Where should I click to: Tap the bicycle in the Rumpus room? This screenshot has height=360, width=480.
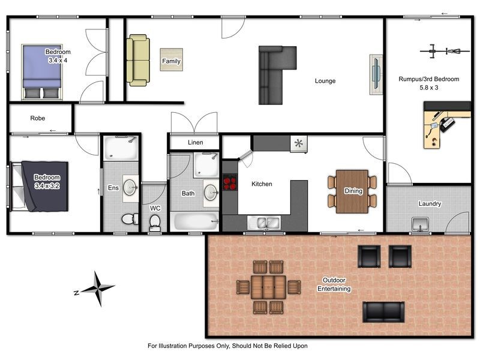click(445, 51)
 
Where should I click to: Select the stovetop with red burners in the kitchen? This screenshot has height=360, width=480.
click(230, 182)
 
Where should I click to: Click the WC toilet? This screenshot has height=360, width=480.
click(154, 223)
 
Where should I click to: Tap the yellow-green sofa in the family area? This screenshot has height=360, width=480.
click(137, 59)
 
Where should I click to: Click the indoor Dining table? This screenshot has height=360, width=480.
click(352, 191)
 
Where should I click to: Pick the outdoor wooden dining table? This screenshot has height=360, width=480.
click(268, 287)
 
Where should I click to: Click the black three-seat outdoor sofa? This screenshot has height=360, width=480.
click(383, 311)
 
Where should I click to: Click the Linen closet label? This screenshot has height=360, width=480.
click(195, 143)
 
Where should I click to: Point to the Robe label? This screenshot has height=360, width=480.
click(37, 118)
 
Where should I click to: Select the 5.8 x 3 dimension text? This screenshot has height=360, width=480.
click(428, 88)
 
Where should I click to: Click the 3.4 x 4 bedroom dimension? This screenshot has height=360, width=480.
click(58, 60)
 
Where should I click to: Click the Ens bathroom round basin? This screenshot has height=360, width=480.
click(130, 185)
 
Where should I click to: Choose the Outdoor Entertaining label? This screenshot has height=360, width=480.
click(334, 284)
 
